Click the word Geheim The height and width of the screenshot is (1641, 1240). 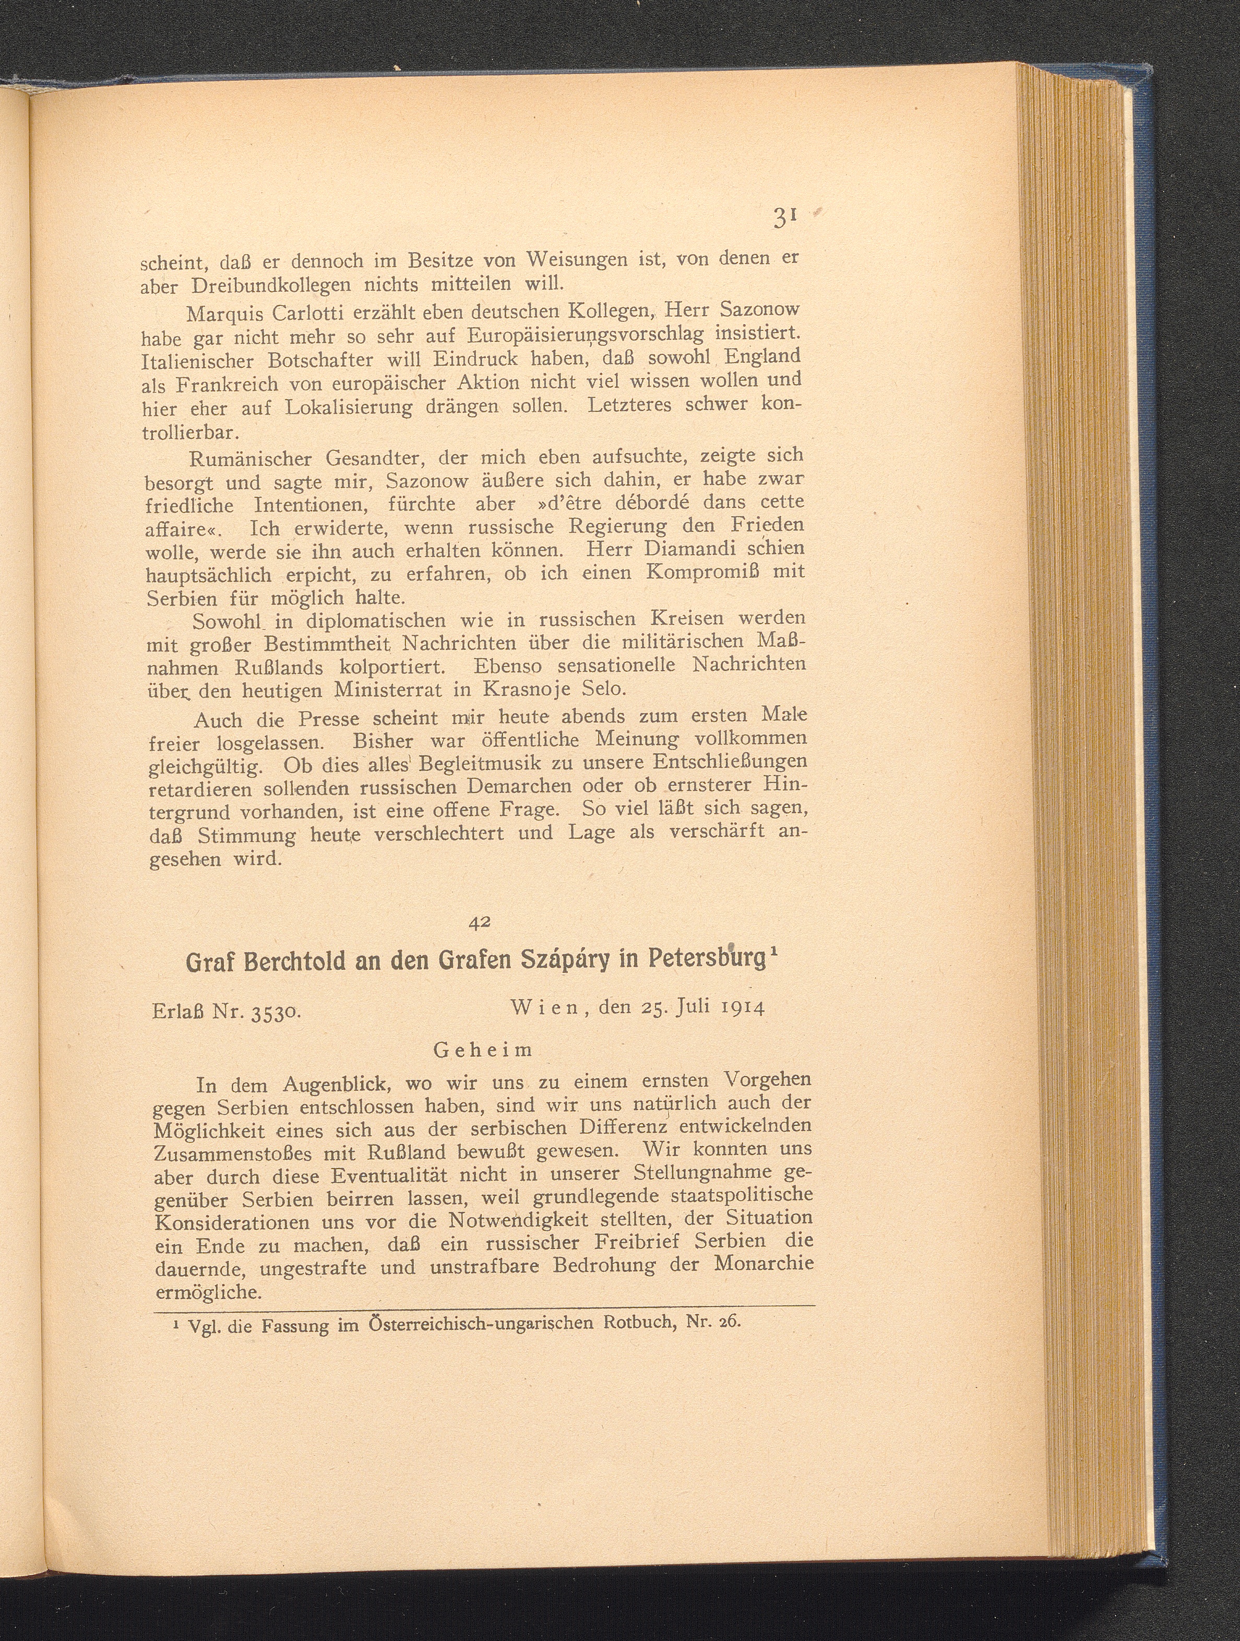pyautogui.click(x=482, y=1050)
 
